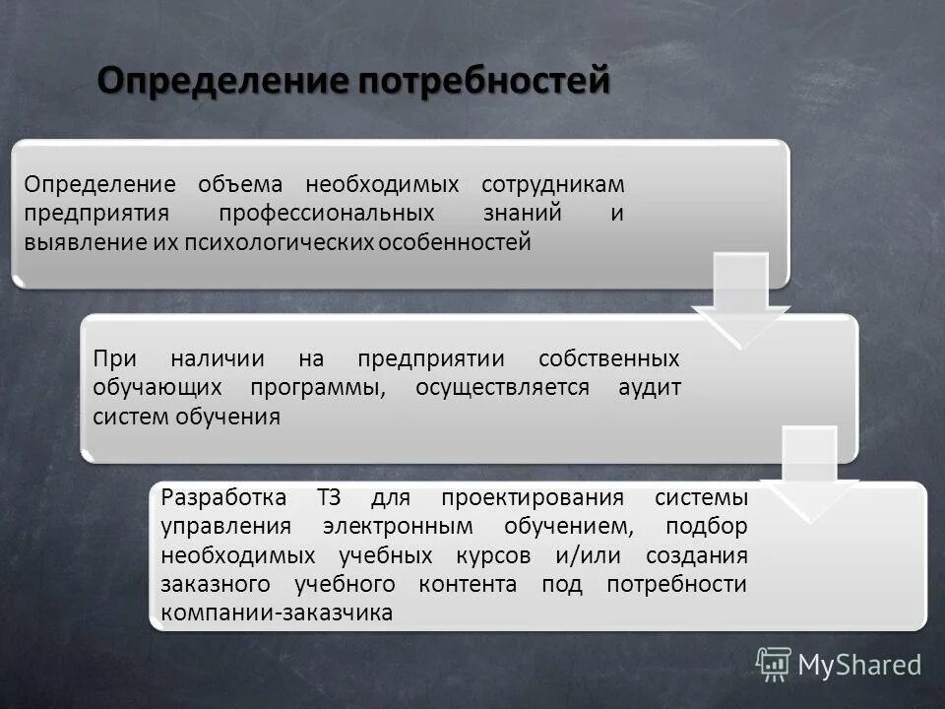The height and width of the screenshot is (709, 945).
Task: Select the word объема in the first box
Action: coord(239,184)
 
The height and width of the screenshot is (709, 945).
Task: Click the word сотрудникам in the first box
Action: coord(552,184)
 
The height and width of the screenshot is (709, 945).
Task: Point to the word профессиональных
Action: coord(327,214)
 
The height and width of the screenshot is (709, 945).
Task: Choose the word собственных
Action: coord(609,358)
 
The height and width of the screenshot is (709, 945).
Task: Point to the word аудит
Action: coord(649,387)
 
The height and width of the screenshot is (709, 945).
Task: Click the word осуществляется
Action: coord(502,387)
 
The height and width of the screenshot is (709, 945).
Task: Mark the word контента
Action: coord(468,584)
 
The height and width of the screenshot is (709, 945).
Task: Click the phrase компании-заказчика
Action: coord(277,612)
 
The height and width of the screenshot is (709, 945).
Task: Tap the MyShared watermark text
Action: coord(858,665)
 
